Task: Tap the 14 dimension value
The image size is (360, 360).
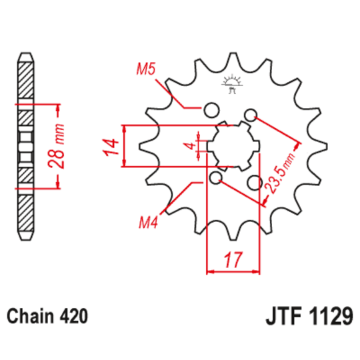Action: click(x=112, y=145)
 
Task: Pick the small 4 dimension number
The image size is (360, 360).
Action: click(x=190, y=146)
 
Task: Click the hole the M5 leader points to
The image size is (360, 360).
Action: click(x=211, y=110)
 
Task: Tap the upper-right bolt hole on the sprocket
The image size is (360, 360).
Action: click(x=251, y=115)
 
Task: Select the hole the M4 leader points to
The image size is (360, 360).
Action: click(x=216, y=178)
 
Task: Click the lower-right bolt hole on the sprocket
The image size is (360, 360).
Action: click(x=253, y=182)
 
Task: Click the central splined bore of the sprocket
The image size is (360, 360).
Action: click(x=232, y=146)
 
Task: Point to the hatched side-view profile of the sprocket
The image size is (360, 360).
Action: click(x=24, y=147)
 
